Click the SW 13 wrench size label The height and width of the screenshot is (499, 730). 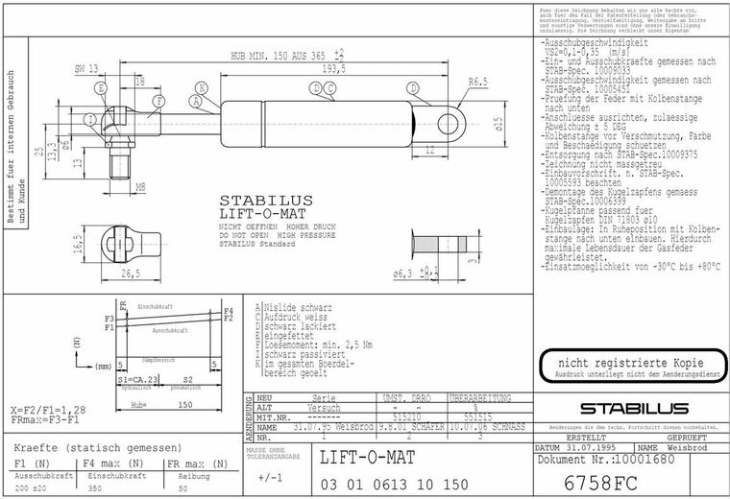click(x=86, y=69)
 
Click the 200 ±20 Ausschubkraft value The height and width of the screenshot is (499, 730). click(x=31, y=488)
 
